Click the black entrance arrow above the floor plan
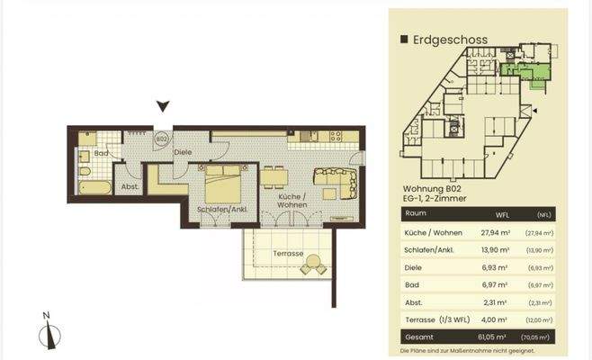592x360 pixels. click(162, 107)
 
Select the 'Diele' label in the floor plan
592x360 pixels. click(184, 153)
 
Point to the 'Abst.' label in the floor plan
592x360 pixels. click(130, 187)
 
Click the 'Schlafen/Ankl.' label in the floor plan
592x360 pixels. click(221, 209)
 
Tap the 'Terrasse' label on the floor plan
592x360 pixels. click(287, 254)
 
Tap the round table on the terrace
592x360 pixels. click(313, 264)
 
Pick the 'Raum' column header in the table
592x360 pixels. click(416, 215)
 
